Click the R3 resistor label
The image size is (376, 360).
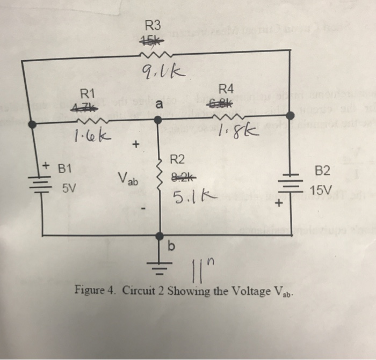tap(153, 25)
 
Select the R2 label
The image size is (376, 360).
tap(177, 159)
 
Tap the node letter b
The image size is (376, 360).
tap(171, 246)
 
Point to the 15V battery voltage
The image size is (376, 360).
tap(321, 190)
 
